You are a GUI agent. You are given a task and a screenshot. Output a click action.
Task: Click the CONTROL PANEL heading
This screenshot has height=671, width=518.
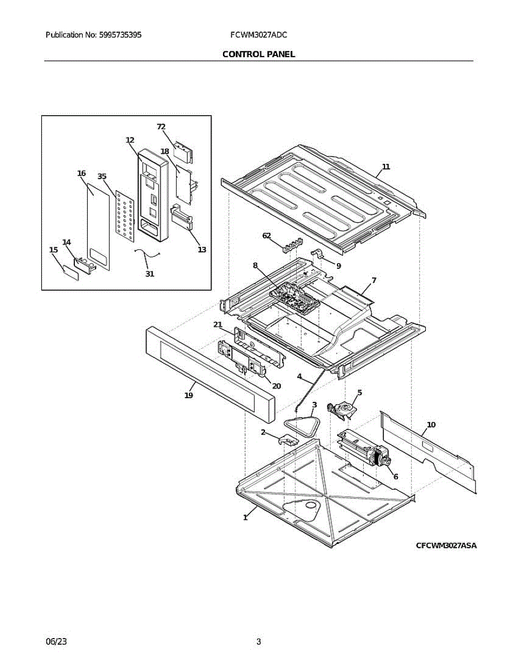(x=259, y=54)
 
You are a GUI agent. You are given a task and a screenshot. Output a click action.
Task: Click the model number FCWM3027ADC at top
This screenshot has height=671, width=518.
(x=259, y=35)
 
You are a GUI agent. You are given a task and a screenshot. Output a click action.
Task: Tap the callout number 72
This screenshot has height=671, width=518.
(x=161, y=127)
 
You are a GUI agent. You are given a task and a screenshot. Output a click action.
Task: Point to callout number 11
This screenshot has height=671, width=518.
(x=386, y=167)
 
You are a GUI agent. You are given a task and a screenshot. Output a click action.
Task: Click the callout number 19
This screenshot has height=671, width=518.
(x=189, y=395)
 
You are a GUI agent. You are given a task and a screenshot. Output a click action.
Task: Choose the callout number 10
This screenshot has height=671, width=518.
(x=431, y=425)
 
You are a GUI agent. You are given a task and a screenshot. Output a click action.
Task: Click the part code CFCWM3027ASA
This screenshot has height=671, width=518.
(x=446, y=546)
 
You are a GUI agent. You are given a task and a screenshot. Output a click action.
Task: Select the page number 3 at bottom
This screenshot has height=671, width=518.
(x=259, y=642)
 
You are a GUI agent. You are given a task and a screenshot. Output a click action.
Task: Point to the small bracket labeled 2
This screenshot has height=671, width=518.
(x=288, y=440)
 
